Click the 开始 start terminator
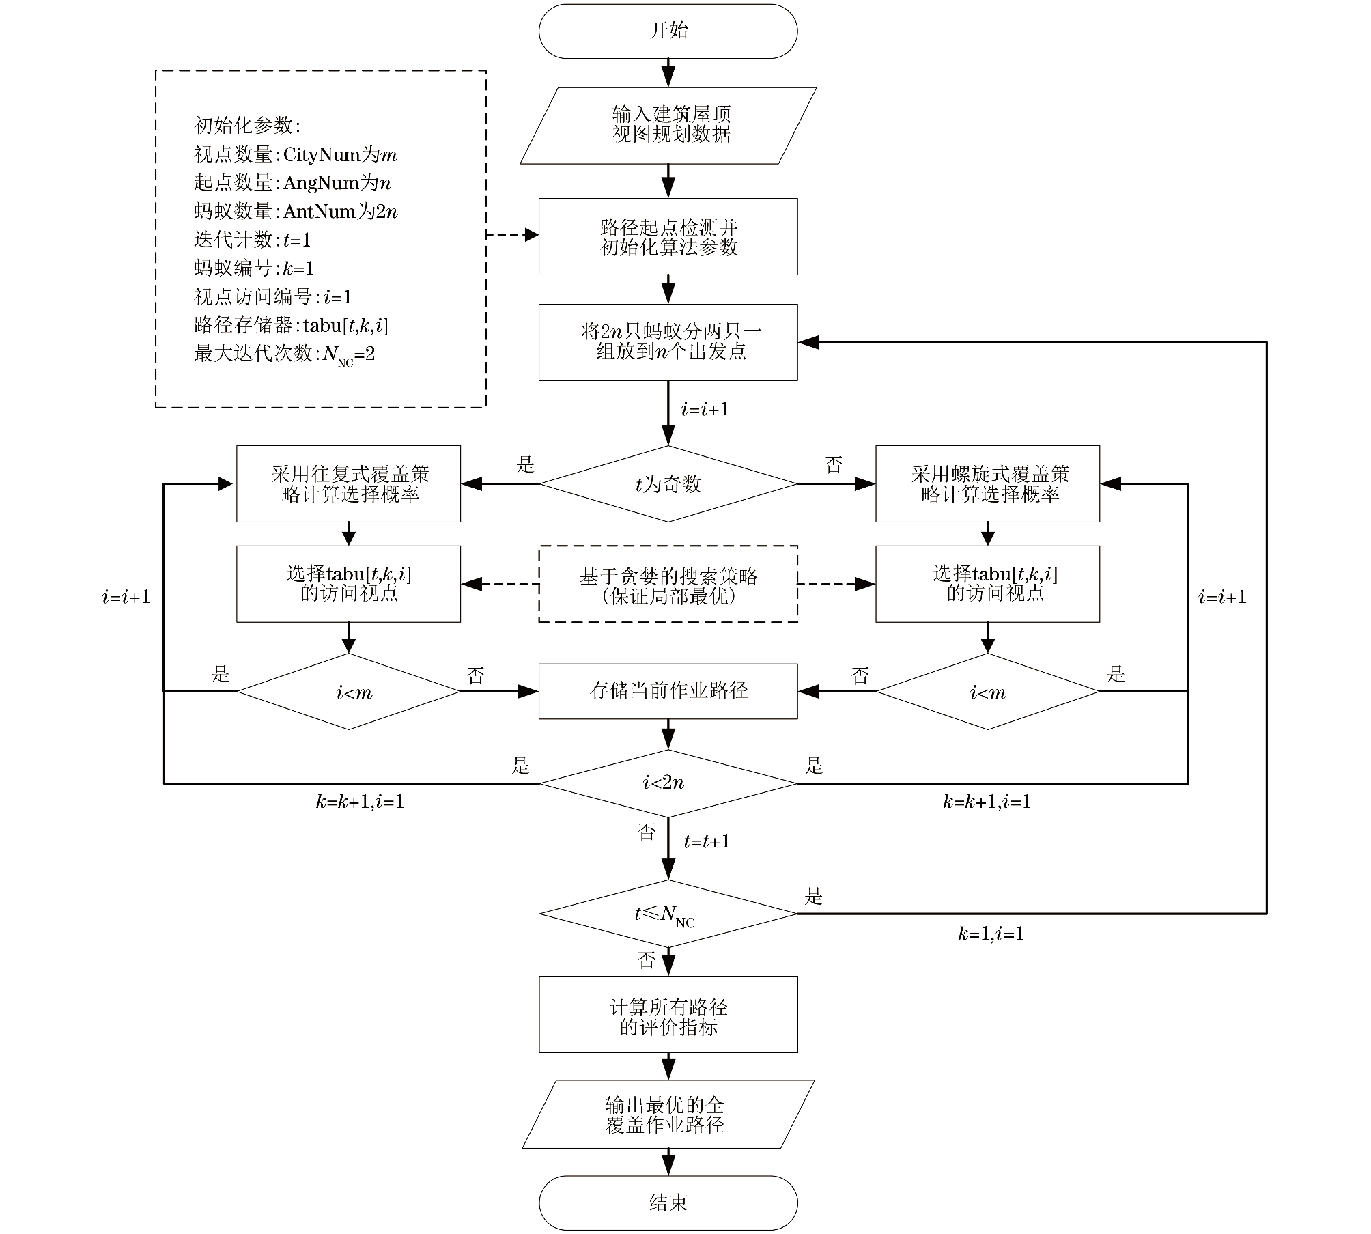pyautogui.click(x=668, y=31)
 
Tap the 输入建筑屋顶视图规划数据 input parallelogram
pyautogui.click(x=668, y=125)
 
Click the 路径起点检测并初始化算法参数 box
pyautogui.click(x=668, y=237)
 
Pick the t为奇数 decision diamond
pyautogui.click(x=668, y=484)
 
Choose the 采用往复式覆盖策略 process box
pyautogui.click(x=348, y=484)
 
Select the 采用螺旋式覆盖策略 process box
pyautogui.click(x=987, y=484)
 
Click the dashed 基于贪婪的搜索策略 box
pyautogui.click(x=668, y=585)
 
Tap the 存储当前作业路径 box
pyautogui.click(x=668, y=691)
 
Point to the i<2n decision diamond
pyautogui.click(x=668, y=783)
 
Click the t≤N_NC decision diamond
pyautogui.click(x=668, y=914)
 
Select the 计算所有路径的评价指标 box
pyautogui.click(x=668, y=1015)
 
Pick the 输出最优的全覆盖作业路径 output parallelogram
pyautogui.click(x=668, y=1114)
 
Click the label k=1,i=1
pyautogui.click(x=991, y=934)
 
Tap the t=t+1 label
pyautogui.click(x=707, y=841)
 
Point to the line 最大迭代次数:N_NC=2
pyautogui.click(x=285, y=354)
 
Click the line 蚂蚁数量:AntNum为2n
pyautogui.click(x=296, y=212)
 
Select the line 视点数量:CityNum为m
pyautogui.click(x=296, y=155)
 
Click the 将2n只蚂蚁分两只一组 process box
pyautogui.click(x=668, y=342)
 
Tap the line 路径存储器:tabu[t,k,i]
pyautogui.click(x=291, y=325)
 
